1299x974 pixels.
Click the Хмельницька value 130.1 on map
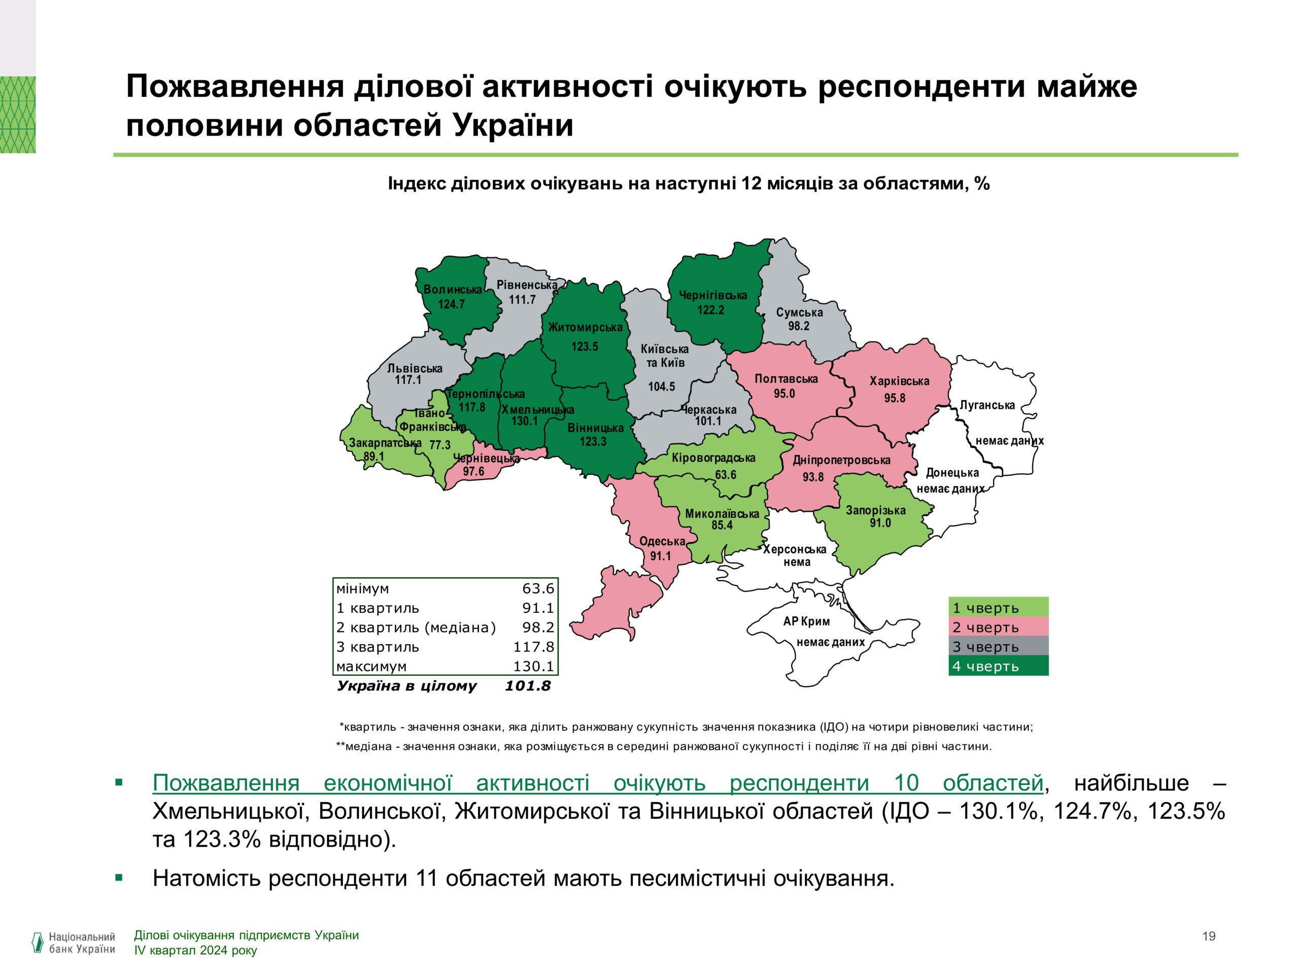point(524,421)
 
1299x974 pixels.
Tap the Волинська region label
point(452,290)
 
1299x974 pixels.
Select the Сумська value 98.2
point(798,326)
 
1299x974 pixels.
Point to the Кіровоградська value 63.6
point(725,474)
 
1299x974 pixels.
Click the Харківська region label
point(899,381)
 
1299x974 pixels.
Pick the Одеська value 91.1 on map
point(660,555)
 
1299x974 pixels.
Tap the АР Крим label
point(806,621)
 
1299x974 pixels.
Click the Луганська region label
point(986,405)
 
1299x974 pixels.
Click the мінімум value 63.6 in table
point(538,588)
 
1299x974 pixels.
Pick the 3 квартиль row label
point(378,647)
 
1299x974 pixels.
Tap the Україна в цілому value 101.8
point(527,686)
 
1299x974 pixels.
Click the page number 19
point(1209,936)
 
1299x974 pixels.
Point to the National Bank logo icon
point(38,943)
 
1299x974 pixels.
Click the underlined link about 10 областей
point(597,783)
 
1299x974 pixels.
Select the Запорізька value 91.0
point(880,523)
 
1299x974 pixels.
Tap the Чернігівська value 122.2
point(710,310)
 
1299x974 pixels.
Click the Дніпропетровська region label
point(841,460)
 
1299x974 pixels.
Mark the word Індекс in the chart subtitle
point(417,184)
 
